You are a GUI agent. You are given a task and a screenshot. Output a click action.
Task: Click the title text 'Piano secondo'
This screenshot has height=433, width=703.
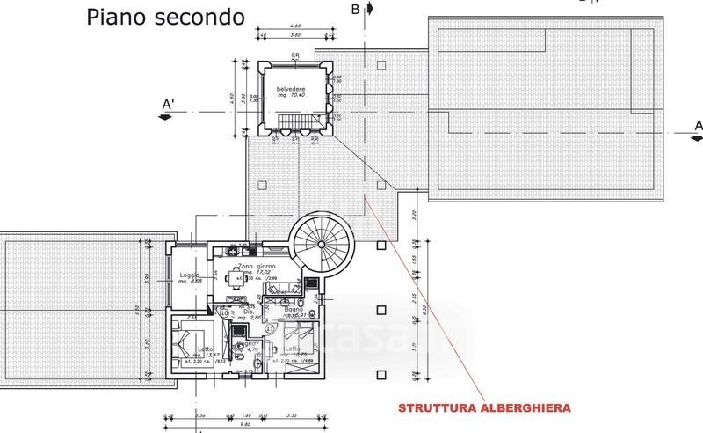click(x=166, y=17)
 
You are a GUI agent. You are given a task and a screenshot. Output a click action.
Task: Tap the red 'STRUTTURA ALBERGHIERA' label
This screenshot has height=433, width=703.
click(x=485, y=408)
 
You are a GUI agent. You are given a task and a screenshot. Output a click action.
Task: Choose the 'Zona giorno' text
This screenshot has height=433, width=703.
click(x=255, y=266)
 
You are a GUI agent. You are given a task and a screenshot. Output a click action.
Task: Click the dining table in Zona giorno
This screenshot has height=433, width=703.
click(x=237, y=281)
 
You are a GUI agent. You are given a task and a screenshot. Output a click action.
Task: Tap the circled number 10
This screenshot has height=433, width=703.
click(x=225, y=312)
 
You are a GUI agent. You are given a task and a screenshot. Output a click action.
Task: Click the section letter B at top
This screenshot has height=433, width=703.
click(x=356, y=10)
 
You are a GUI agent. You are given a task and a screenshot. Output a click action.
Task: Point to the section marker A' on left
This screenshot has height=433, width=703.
click(x=168, y=106)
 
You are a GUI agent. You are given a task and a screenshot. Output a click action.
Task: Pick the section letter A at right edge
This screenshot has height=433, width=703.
click(x=699, y=127)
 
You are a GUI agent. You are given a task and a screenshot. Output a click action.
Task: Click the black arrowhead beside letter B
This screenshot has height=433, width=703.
click(x=371, y=9)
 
